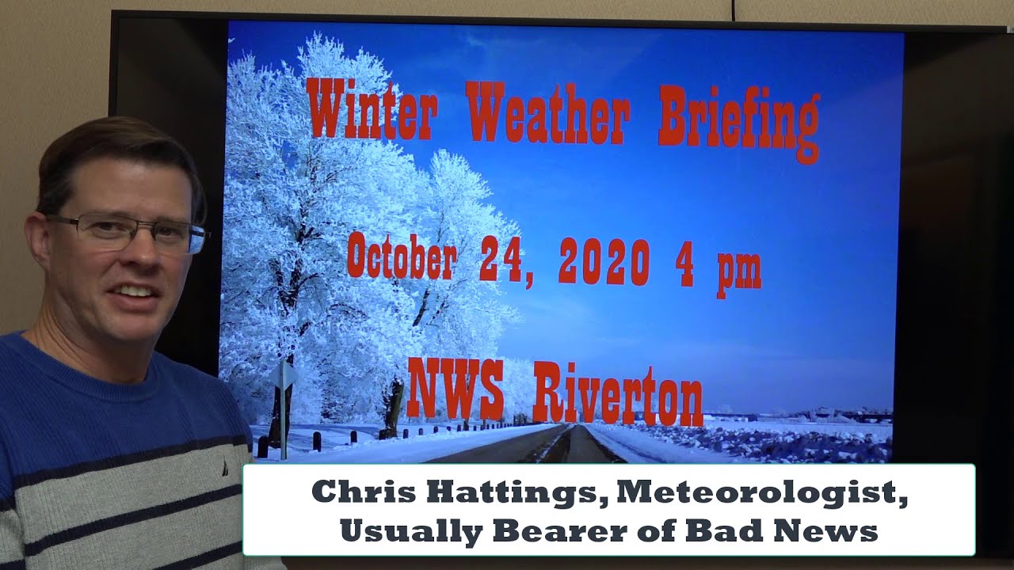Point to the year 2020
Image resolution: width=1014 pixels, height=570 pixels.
pos(604,261)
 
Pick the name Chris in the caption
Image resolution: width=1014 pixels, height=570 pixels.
pos(356,492)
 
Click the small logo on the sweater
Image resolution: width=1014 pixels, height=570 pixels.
pos(225,468)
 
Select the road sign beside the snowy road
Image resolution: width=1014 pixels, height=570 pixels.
pos(284,376)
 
